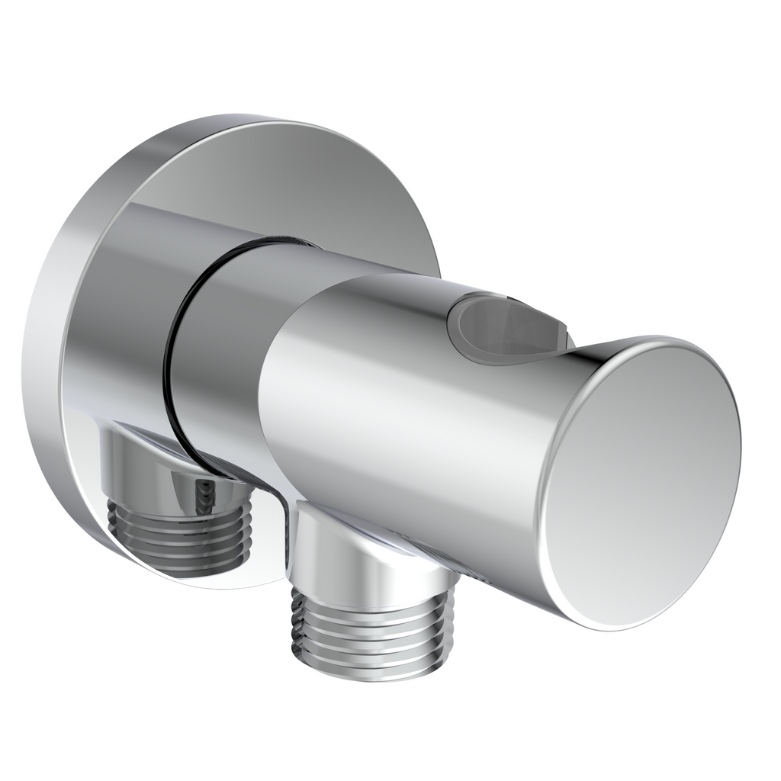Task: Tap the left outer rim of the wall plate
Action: [x=42, y=343]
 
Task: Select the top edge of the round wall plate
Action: [x=252, y=122]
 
